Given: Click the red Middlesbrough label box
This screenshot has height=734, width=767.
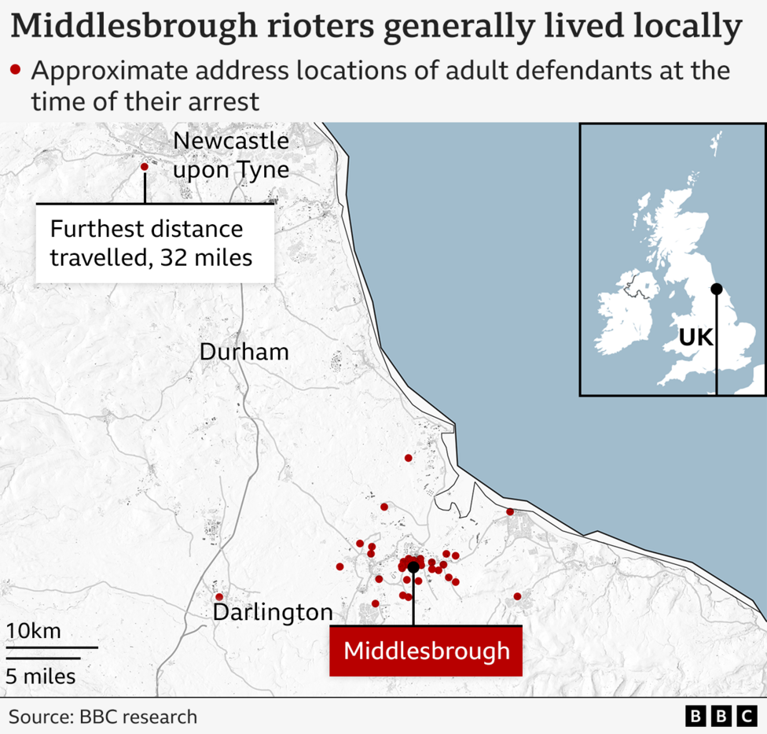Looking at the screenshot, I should (x=425, y=651).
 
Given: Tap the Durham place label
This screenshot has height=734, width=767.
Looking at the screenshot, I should (x=244, y=352).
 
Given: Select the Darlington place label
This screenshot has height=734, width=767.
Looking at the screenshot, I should (x=273, y=612).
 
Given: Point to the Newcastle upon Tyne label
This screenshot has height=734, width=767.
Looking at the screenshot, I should (x=231, y=155).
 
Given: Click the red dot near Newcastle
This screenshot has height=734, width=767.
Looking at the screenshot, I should (x=144, y=167).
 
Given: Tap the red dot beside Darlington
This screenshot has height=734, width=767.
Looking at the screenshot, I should (x=219, y=596).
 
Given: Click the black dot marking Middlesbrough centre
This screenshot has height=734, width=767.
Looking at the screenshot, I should (x=413, y=566).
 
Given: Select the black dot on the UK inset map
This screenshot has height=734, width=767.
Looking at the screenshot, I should (x=716, y=289).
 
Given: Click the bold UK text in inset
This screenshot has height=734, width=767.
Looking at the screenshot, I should (x=695, y=338).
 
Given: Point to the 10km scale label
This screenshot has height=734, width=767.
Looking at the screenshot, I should (x=34, y=631).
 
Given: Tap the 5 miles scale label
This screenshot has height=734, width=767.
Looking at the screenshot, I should (x=41, y=676).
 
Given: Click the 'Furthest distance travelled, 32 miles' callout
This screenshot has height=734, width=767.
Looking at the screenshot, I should (x=154, y=243).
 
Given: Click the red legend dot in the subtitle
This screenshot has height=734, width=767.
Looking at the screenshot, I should (x=15, y=70).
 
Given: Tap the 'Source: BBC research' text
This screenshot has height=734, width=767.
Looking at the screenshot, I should (x=103, y=717).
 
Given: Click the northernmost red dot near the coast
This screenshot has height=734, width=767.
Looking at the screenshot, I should (x=408, y=457).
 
